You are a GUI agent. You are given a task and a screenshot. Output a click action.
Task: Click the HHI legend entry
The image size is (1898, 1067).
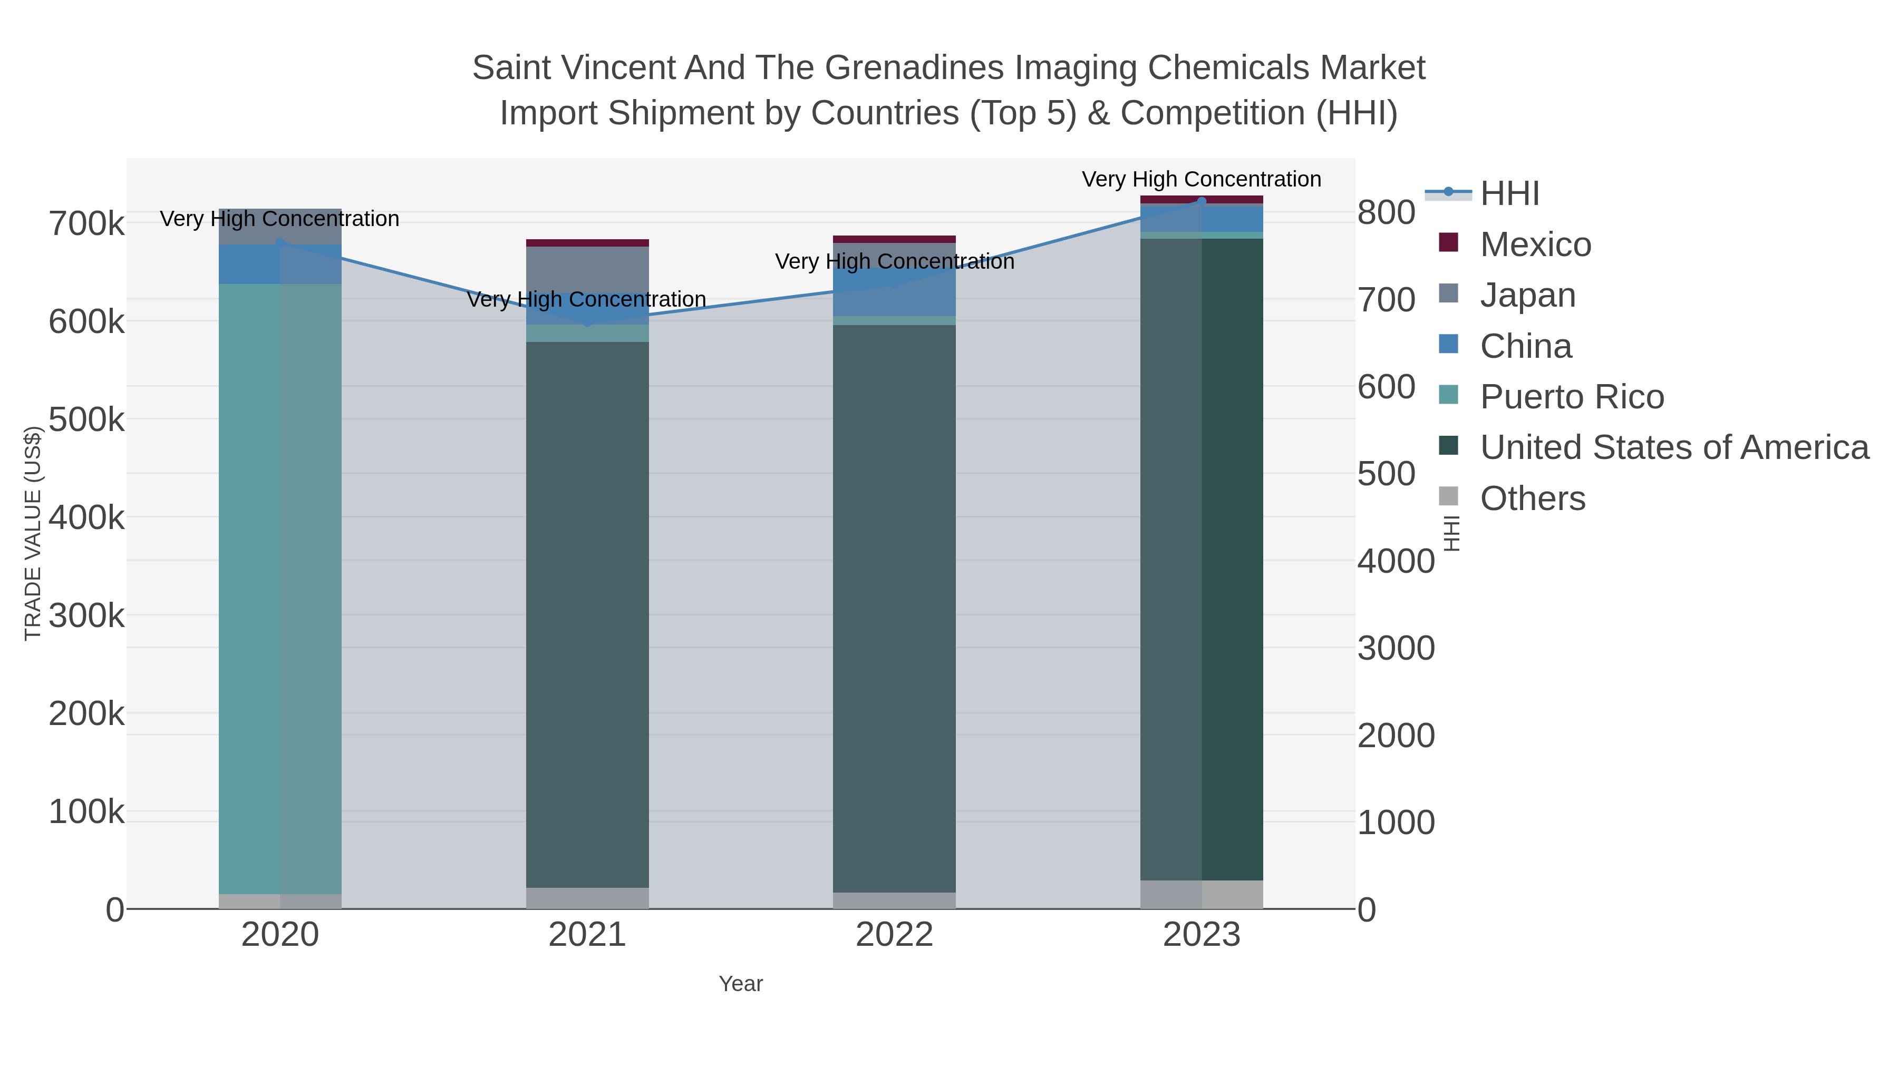coord(1509,194)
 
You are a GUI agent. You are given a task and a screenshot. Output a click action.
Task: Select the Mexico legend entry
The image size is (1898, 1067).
coord(1535,244)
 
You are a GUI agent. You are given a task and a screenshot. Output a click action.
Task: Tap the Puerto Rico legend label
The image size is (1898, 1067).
coord(1572,397)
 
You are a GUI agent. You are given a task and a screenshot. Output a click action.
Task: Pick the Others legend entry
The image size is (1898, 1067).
coord(1532,498)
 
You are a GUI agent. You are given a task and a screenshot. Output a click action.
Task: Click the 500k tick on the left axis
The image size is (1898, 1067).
coord(86,420)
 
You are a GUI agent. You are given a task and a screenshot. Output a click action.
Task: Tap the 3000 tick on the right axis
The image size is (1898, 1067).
coord(1396,649)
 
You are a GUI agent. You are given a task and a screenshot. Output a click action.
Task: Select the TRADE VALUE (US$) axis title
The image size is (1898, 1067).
coord(32,533)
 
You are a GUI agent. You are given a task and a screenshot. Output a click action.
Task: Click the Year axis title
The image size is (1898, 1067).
coord(741,984)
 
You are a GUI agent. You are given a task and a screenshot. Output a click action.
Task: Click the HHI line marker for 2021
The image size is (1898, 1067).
coord(587,321)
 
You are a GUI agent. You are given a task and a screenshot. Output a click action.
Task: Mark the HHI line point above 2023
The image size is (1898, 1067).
coord(1201,201)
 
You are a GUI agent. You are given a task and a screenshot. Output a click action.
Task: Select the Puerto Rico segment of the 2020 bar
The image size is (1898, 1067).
coord(280,589)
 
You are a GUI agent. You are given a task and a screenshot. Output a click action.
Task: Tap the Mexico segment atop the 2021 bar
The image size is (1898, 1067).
coord(587,243)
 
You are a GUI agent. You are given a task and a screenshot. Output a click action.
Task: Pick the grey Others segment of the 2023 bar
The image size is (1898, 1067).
coord(1201,894)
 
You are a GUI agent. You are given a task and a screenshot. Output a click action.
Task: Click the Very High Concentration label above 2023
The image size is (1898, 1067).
coord(1201,179)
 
